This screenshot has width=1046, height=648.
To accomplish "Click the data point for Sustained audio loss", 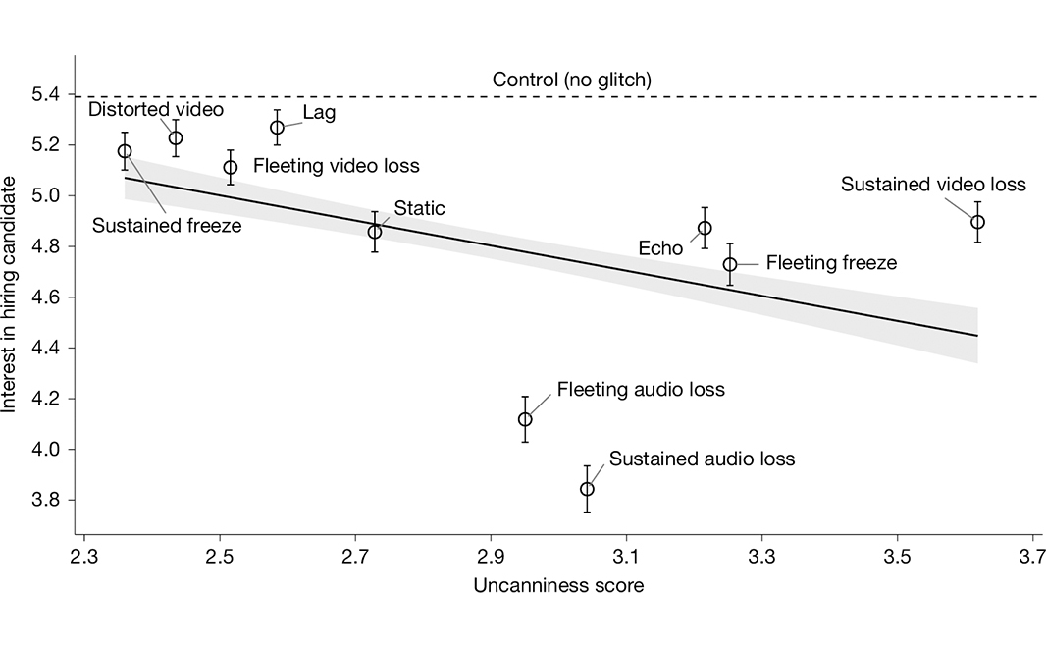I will pos(587,489).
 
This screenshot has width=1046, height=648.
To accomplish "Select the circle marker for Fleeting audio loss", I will pos(526,419).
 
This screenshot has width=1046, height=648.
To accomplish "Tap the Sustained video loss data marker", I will pos(977,222).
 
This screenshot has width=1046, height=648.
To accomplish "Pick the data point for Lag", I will pos(278,128).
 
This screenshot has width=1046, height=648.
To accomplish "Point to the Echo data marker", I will pos(705,228).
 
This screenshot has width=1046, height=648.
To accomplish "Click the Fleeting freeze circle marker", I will pos(730,264).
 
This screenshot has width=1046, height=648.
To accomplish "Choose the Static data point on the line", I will pos(375,232).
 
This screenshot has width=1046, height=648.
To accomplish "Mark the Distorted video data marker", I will pos(176,137).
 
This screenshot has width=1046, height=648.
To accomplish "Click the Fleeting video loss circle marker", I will pos(231,167).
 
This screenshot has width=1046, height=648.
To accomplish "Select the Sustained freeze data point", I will pos(125,151).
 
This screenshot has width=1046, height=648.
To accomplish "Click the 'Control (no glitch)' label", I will pos(572,79).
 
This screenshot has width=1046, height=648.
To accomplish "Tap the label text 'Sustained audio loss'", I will pos(702,459).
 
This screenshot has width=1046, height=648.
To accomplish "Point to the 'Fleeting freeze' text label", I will pos(831,263).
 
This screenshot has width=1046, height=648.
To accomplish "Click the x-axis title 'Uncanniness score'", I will pos(558,587).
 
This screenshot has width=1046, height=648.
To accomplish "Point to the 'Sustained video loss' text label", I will pos(933,185).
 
